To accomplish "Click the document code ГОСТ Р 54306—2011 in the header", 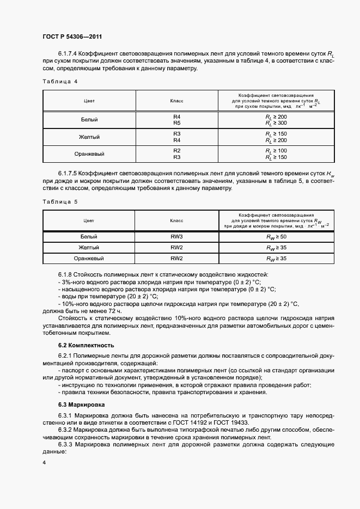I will pos(72,37).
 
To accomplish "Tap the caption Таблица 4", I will pos(60,81).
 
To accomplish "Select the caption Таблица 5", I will pos(60,201).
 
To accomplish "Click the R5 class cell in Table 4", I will pos(176,123).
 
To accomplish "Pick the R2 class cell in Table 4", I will pos(176,150).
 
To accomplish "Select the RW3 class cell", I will pos(176,237).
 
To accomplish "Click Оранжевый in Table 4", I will pos(89,154).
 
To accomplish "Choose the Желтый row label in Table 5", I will pos(89,248).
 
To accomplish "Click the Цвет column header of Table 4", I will pos(89,101).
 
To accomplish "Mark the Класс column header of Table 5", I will pos(176,220).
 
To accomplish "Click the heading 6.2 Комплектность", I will pos(86,345).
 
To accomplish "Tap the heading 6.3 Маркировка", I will pos(82,405).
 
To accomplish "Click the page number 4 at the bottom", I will pos(44,462).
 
